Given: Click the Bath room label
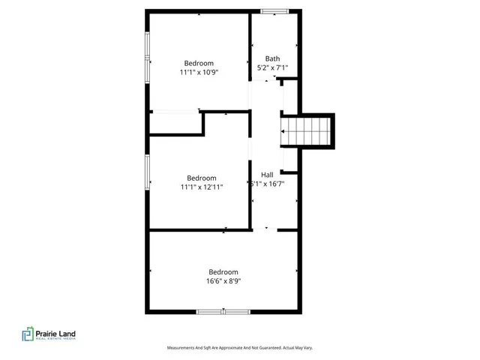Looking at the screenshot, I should pyautogui.click(x=273, y=58).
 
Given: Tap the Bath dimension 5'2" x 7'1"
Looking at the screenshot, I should pyautogui.click(x=273, y=68).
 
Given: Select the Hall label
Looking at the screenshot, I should pyautogui.click(x=267, y=174).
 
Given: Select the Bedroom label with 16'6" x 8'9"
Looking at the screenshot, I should pyautogui.click(x=223, y=271).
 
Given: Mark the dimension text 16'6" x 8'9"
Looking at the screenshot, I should pyautogui.click(x=223, y=281).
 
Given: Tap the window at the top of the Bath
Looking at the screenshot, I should pyautogui.click(x=274, y=10).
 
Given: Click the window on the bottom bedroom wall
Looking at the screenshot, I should pyautogui.click(x=223, y=311).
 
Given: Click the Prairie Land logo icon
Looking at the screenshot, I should pyautogui.click(x=28, y=335).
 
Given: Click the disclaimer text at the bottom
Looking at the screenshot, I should pyautogui.click(x=239, y=348).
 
